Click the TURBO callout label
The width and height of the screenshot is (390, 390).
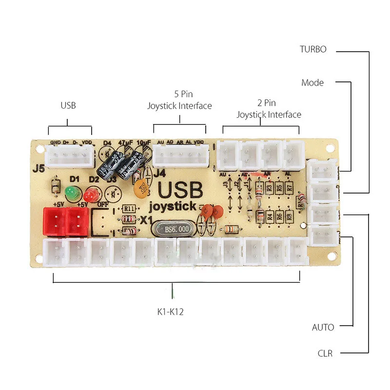pyautogui.click(x=312, y=49)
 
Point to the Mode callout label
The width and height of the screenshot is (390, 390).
pyautogui.click(x=312, y=82)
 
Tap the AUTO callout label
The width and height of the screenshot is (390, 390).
pyautogui.click(x=323, y=327)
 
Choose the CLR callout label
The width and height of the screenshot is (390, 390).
pyautogui.click(x=325, y=353)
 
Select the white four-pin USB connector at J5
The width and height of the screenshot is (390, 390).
pyautogui.click(x=70, y=157)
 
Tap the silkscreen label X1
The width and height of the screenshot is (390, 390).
pyautogui.click(x=146, y=220)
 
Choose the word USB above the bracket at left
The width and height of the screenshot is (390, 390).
pyautogui.click(x=68, y=105)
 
